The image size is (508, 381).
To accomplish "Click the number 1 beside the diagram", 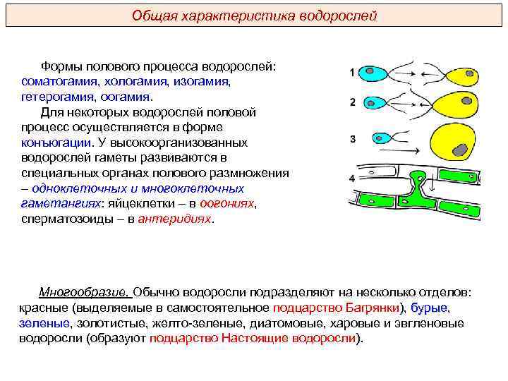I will [x=352, y=73].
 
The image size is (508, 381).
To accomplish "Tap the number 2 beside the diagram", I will [x=352, y=103].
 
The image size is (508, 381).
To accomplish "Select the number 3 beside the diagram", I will [x=352, y=139].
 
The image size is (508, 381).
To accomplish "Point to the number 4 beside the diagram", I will [x=352, y=179].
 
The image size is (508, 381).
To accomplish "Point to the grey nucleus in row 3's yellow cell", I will [x=461, y=150].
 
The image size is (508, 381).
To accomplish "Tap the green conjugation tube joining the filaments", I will [x=420, y=188].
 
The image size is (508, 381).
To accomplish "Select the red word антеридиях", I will [x=174, y=218].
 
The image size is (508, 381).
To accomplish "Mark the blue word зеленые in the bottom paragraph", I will [x=44, y=323].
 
